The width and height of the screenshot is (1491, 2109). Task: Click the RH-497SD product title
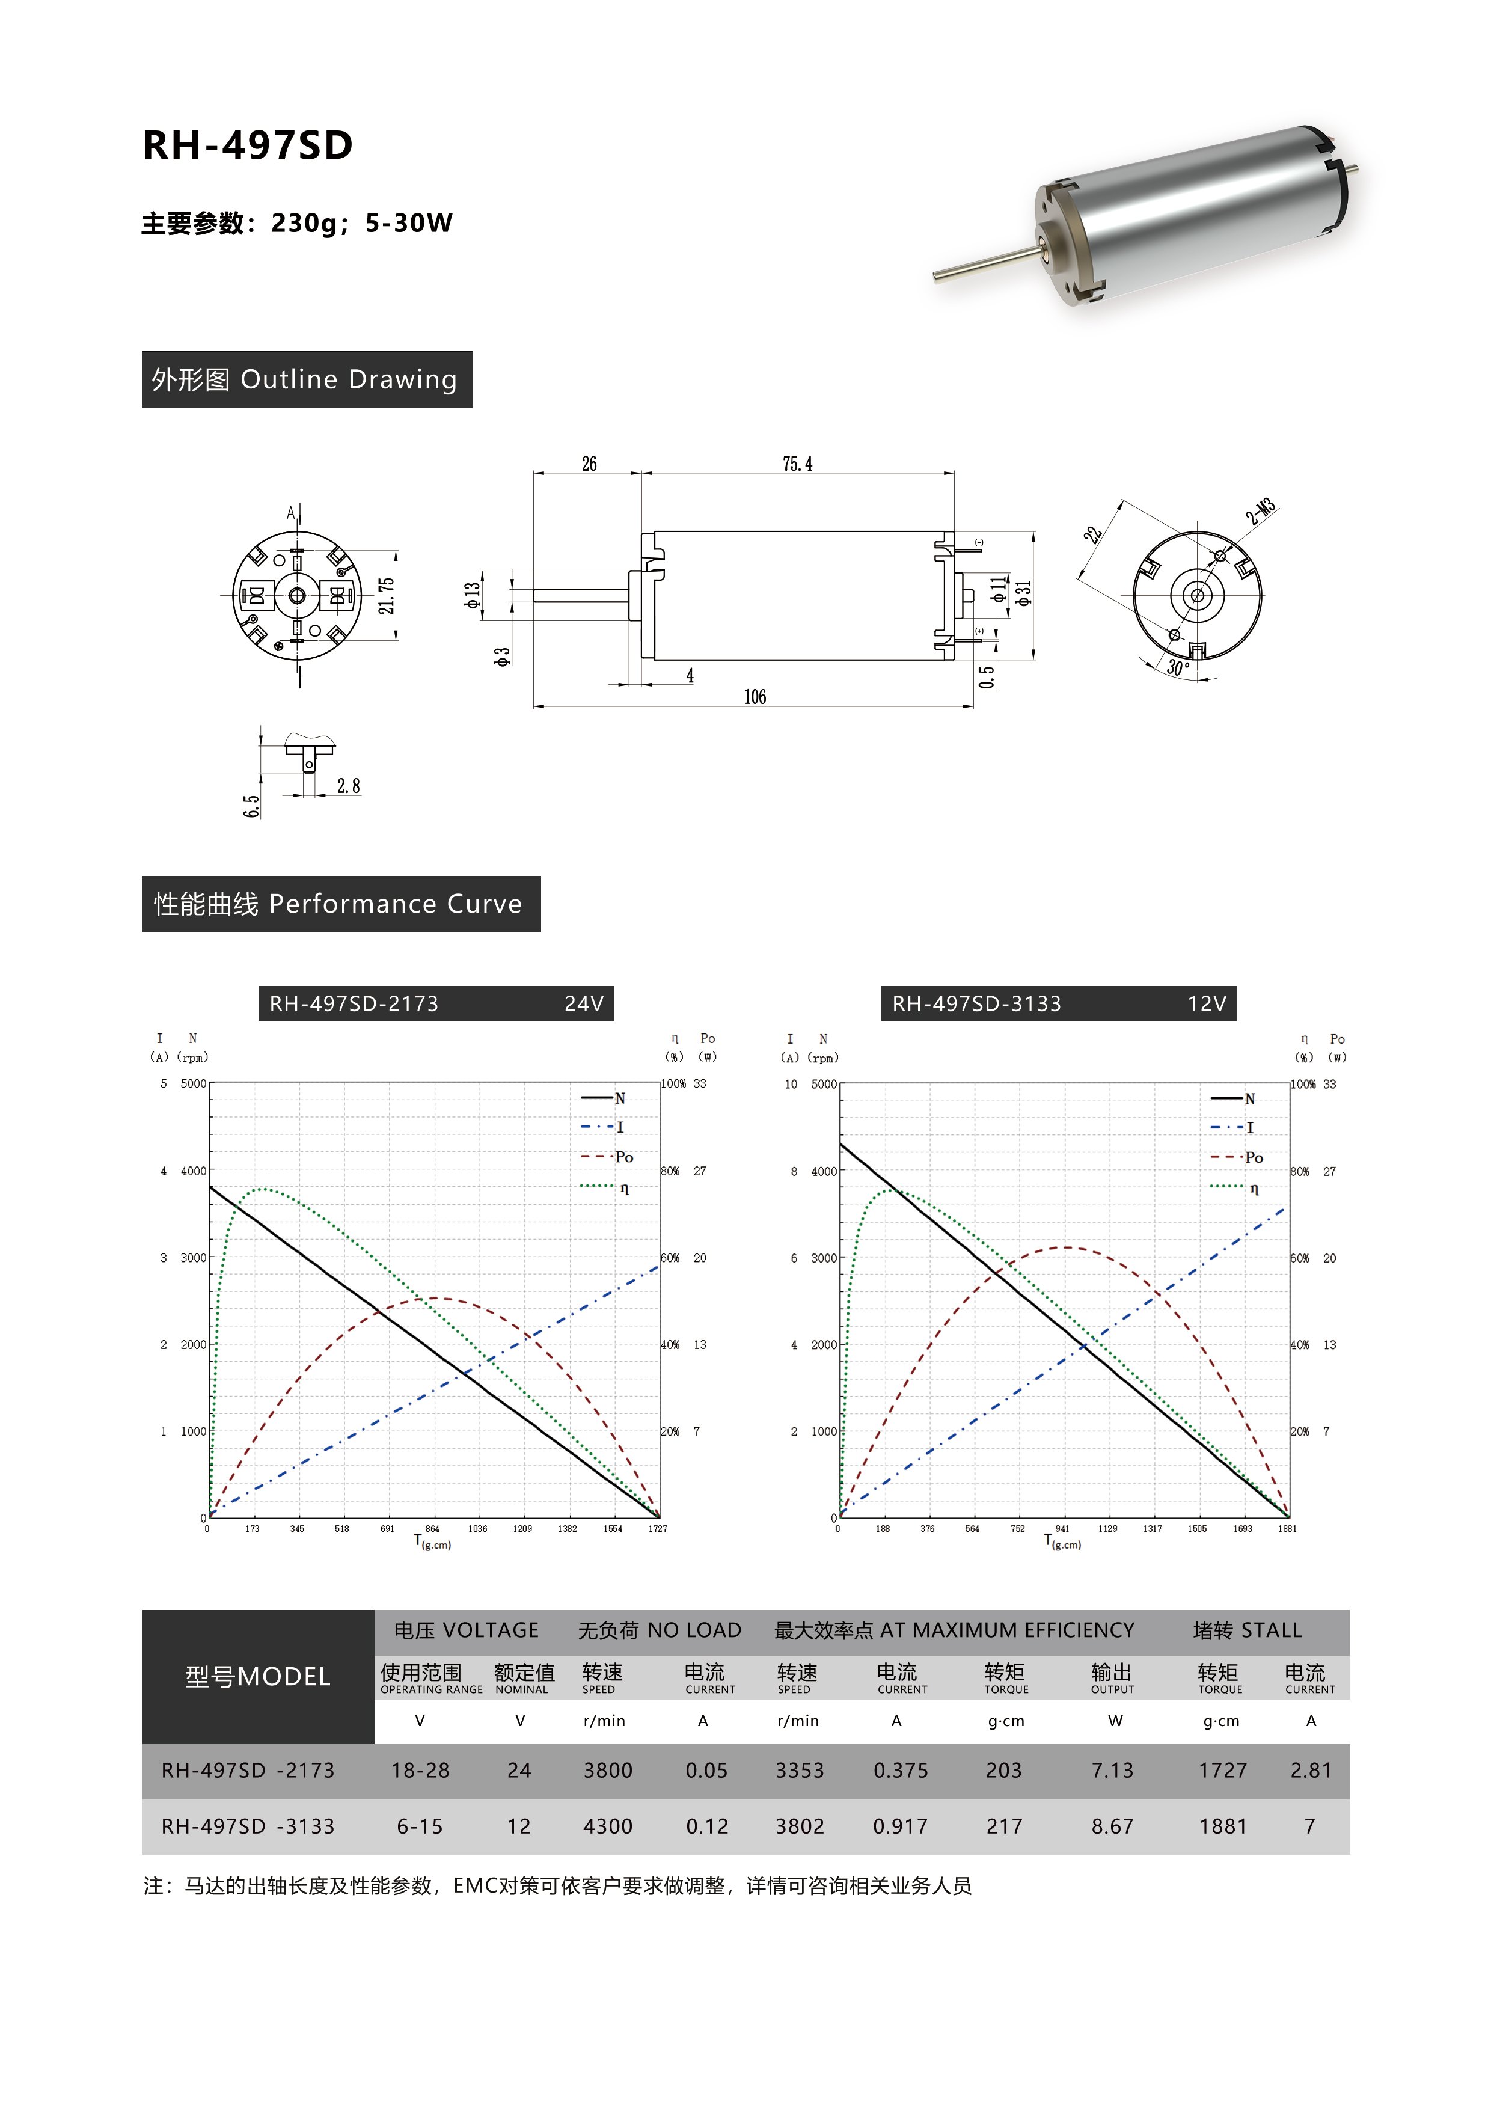[247, 145]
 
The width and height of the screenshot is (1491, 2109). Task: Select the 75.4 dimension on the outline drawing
[797, 464]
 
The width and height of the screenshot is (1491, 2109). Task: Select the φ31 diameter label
[1023, 592]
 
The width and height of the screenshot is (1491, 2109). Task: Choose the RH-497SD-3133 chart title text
[976, 1004]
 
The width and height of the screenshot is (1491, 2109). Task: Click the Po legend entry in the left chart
[607, 1157]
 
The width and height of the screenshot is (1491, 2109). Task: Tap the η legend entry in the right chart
[1235, 1189]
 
